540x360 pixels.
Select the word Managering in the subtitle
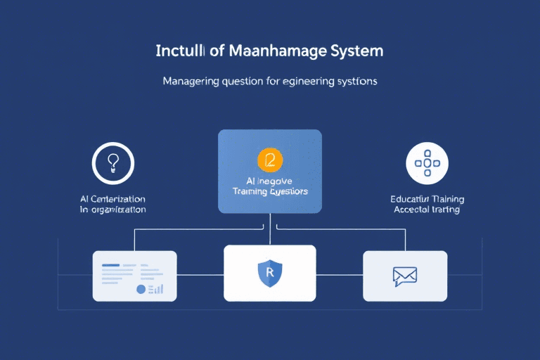191,81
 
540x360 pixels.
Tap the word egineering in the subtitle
307,81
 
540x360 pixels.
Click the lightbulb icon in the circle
112,162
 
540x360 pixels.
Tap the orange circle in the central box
270,160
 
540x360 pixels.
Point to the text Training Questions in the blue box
270,191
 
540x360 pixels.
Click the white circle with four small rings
427,163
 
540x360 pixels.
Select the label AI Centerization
113,199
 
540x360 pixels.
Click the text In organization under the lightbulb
113,210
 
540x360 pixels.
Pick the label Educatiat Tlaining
427,199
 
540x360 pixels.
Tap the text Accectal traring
427,210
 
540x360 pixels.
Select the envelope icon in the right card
405,276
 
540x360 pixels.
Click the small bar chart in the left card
157,288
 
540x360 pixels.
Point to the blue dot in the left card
141,288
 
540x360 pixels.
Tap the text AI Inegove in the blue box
270,180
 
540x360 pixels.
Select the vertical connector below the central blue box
270,229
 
